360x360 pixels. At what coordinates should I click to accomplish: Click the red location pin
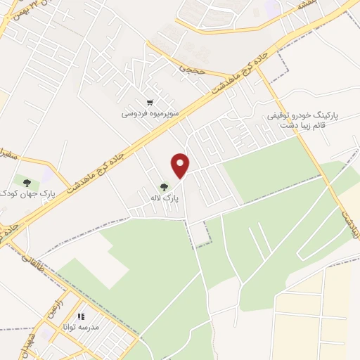pos(181,165)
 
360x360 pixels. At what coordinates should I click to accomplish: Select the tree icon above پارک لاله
pos(164,187)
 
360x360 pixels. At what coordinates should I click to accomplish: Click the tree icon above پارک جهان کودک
pos(26,181)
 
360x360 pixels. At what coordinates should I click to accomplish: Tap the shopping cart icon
pos(149,102)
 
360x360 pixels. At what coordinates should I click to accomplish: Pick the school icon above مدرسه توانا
pos(81,317)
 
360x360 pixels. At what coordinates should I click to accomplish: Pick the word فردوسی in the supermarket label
pos(134,113)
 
